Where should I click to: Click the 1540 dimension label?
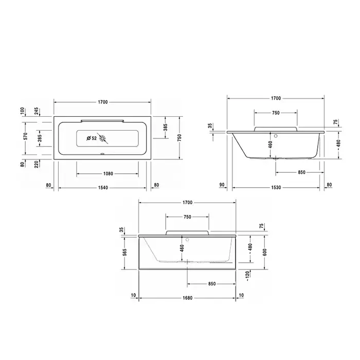point(103,188)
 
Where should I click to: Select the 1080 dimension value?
point(108,174)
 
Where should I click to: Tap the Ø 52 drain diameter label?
point(92,138)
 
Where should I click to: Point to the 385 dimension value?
point(166,127)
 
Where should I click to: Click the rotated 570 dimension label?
point(26,136)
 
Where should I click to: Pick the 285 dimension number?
point(40,138)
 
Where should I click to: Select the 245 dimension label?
point(37,112)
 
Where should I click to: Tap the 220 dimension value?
point(37,165)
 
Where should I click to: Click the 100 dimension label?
point(22,112)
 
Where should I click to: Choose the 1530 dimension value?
point(276,188)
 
